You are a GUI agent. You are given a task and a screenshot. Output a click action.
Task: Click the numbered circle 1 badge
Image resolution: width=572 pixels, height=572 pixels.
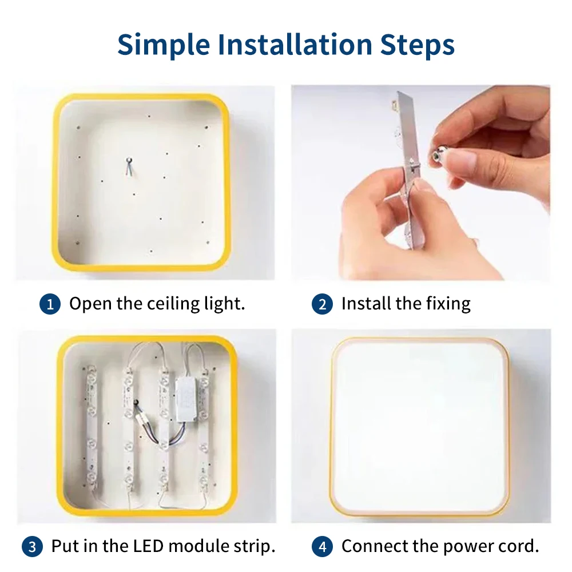[x=50, y=304]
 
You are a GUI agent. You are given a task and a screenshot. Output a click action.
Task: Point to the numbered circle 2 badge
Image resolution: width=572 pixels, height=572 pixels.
[x=322, y=304]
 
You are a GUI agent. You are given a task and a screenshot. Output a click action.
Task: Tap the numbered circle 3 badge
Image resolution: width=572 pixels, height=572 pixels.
[x=32, y=546]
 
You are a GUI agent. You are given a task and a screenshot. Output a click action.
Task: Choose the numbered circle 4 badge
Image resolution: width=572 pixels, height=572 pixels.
[x=322, y=546]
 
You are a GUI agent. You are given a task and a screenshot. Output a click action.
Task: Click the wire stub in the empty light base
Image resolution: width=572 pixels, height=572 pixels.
[x=129, y=166]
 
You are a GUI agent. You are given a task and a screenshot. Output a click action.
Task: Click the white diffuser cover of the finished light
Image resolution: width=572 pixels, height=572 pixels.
[x=419, y=426]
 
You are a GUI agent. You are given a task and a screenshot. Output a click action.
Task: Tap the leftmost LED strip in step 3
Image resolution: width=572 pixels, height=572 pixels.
[x=91, y=428]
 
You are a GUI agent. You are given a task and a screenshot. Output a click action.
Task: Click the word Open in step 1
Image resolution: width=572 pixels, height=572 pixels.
[x=90, y=304]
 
